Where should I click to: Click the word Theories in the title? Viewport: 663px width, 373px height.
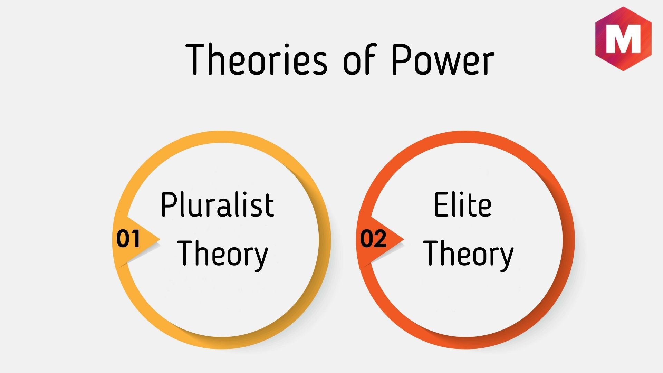(x=257, y=59)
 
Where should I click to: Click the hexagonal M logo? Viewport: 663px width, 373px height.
(x=623, y=39)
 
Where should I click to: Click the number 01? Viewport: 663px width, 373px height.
(x=128, y=238)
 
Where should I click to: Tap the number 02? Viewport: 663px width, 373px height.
(x=373, y=238)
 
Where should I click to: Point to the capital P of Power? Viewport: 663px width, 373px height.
(x=402, y=59)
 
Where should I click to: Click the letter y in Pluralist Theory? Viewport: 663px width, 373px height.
(x=261, y=259)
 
